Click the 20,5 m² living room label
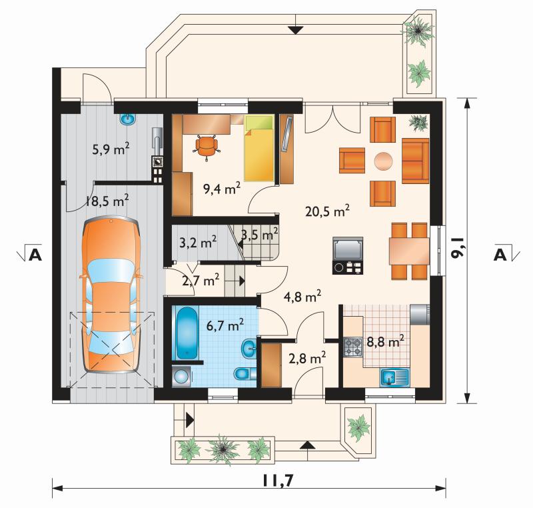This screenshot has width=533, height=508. (327, 211)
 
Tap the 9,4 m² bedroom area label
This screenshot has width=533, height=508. (222, 188)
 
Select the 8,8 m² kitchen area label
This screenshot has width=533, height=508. (386, 341)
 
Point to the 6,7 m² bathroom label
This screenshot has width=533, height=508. (225, 325)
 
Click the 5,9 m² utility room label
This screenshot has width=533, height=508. (111, 149)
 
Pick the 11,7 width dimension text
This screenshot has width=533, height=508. (278, 481)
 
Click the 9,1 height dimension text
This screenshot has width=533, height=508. (458, 250)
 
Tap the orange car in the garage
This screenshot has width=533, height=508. (111, 295)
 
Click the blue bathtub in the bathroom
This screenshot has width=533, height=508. (187, 333)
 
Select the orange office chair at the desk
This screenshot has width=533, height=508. (207, 146)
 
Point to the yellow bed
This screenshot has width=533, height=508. (259, 148)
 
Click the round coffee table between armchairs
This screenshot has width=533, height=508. (384, 161)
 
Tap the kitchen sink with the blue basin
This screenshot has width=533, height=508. (394, 377)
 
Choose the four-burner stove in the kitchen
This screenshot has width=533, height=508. (353, 347)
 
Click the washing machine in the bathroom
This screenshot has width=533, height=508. (181, 377)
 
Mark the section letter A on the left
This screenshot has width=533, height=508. (35, 255)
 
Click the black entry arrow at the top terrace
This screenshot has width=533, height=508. (296, 30)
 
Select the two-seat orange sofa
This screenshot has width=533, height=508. (415, 161)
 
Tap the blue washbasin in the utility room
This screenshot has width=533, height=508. (128, 119)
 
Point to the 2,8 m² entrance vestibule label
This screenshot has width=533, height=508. (307, 358)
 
